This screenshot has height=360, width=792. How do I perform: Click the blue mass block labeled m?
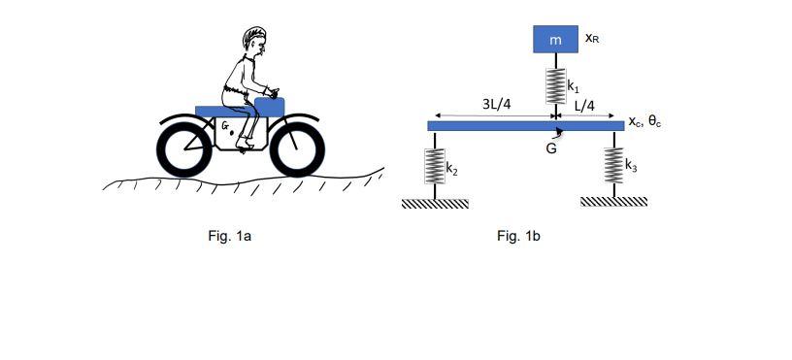pos(555,40)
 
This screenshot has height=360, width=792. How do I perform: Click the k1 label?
pos(574,85)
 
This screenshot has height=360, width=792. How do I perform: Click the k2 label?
pos(451,170)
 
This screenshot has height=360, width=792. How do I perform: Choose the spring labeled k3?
pos(613,166)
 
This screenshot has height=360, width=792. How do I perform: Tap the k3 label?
pos(631,165)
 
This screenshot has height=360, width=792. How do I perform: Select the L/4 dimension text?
pos(584,103)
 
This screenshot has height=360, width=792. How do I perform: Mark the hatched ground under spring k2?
pos(435,204)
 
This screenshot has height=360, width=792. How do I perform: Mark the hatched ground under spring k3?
pos(613,202)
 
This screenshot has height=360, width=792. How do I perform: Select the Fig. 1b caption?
pos(518,236)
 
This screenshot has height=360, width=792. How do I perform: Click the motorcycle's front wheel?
pos(297,147)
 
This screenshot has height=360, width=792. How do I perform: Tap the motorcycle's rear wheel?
pos(184,147)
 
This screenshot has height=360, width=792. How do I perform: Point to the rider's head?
pos(255,44)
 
